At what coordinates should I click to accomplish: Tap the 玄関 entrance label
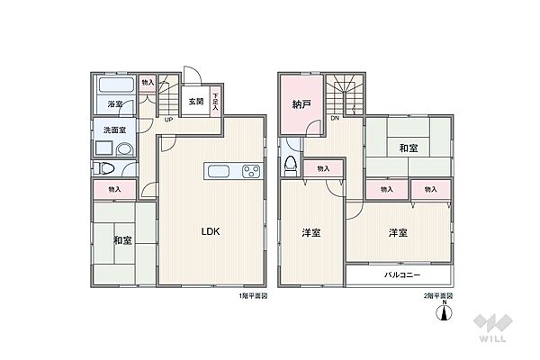[195, 102]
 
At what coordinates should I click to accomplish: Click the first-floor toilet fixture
[103, 168]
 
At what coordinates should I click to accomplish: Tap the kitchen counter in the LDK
[233, 172]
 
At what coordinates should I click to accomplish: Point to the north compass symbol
[443, 310]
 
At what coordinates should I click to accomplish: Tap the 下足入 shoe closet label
[216, 101]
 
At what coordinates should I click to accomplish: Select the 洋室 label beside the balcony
[397, 233]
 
